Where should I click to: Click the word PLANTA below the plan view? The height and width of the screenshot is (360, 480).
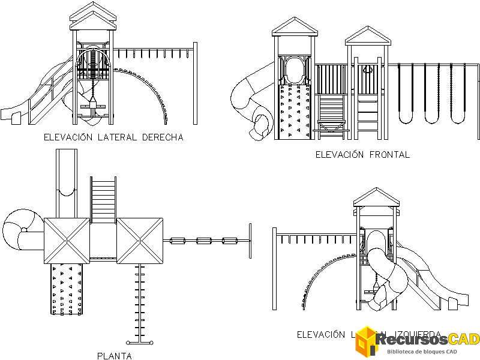point(114,356)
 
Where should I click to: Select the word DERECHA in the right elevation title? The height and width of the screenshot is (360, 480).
point(162,137)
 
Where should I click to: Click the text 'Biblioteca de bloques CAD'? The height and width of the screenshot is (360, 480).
point(422,352)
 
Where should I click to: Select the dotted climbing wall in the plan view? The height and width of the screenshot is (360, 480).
point(66,288)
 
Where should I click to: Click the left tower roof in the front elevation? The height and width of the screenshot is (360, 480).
point(294,27)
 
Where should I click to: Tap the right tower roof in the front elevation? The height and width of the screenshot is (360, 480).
point(367,35)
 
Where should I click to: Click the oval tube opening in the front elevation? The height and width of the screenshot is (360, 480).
point(294,69)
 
